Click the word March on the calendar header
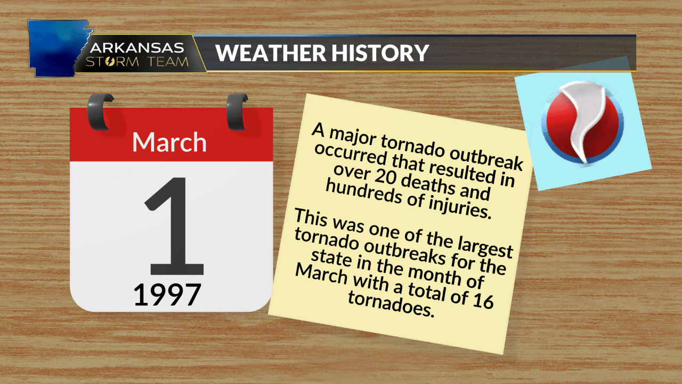[x=169, y=142]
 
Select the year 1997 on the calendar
[x=167, y=294]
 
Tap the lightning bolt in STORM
[x=125, y=61]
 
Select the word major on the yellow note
[x=354, y=135]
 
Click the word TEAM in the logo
[x=169, y=61]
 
